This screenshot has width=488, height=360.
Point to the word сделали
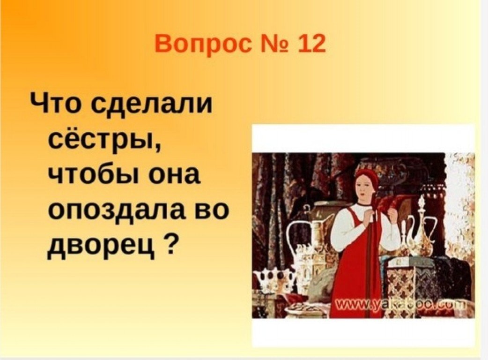pyautogui.click(x=151, y=104)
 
